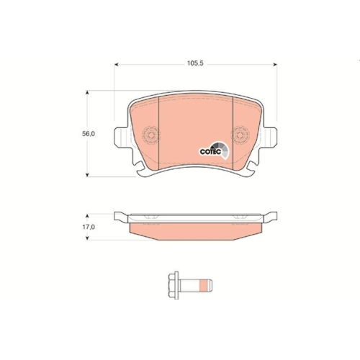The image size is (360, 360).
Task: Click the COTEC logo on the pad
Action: click(x=214, y=150)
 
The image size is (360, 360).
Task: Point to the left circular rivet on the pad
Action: click(x=150, y=135)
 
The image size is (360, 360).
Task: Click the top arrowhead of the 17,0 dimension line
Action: click(x=88, y=215)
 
